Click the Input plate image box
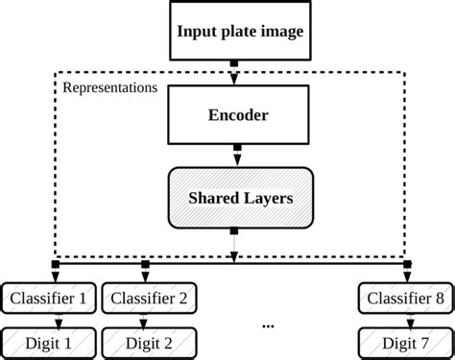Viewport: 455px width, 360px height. click(239, 31)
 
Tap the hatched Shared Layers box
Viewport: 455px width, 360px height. click(239, 199)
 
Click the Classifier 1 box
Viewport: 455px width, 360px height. click(48, 299)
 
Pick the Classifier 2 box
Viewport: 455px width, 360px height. click(149, 299)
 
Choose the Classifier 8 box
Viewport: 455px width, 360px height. click(403, 299)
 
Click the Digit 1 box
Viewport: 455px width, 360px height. click(48, 341)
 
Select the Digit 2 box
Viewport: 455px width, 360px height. click(149, 341)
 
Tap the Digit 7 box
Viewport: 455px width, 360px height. click(403, 341)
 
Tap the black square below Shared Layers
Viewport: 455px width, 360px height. click(234, 231)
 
